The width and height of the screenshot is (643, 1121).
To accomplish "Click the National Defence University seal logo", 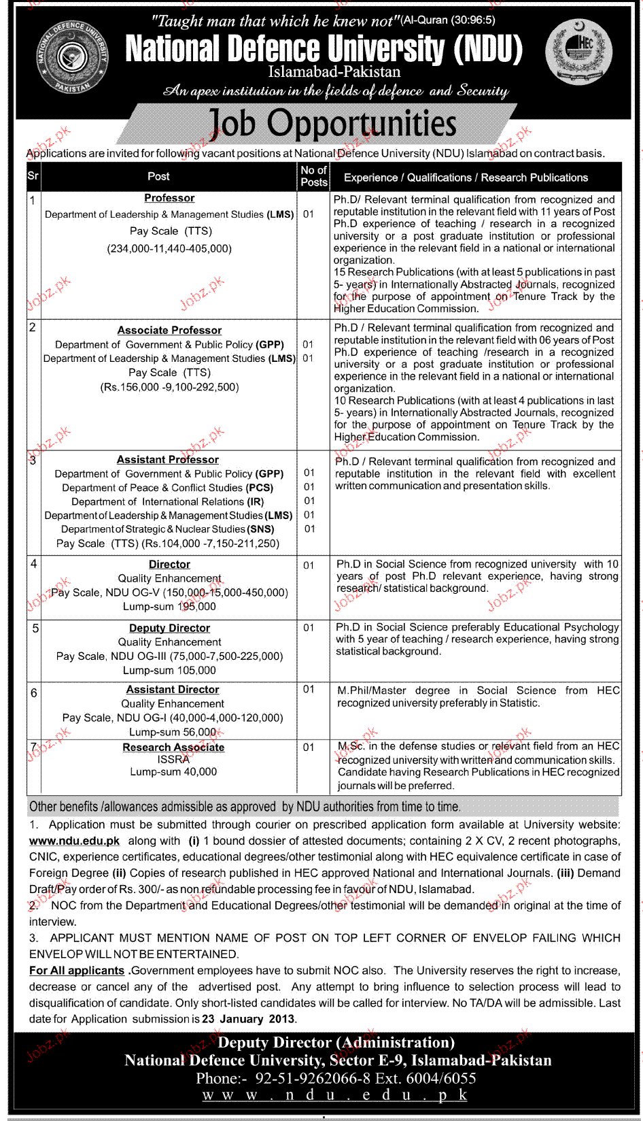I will (x=72, y=57).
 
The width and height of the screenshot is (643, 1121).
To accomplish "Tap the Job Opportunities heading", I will (x=332, y=124).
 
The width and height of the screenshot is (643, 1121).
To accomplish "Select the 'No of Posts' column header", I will (x=313, y=176).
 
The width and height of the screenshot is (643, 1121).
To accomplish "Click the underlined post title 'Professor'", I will (x=169, y=198).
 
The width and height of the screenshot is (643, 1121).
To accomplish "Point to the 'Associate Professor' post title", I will (x=169, y=330).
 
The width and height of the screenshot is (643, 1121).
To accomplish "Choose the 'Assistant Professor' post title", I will (x=168, y=460).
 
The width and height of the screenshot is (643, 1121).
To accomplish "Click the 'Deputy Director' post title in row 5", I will (x=169, y=628).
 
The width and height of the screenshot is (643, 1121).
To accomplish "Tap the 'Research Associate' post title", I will (x=173, y=747).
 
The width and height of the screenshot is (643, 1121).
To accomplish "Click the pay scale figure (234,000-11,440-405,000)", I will (x=169, y=249).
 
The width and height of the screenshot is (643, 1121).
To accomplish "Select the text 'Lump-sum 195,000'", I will (x=169, y=606).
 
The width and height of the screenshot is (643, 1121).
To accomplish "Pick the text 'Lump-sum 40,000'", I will (x=173, y=771).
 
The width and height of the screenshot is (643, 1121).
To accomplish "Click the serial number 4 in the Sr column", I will (x=33, y=563).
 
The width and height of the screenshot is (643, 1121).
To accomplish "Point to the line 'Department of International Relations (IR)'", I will (x=167, y=501).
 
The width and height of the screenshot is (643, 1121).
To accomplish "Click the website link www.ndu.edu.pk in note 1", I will (x=74, y=841).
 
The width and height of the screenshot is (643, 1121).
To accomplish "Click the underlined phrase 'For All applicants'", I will (x=77, y=971).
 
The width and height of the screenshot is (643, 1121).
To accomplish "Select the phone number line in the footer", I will (x=336, y=1078).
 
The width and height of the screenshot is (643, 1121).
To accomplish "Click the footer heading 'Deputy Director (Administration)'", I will (x=336, y=1043).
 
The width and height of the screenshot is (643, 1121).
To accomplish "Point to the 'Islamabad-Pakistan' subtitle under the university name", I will (x=334, y=71).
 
